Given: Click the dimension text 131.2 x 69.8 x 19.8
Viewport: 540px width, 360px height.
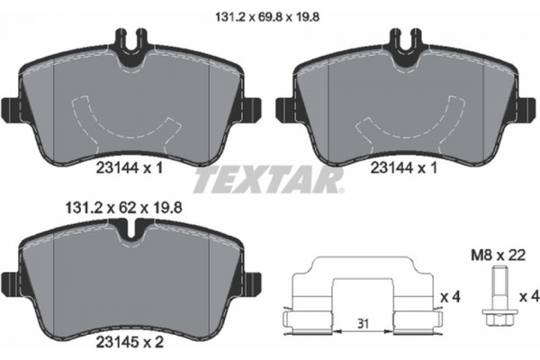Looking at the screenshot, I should click(269, 13).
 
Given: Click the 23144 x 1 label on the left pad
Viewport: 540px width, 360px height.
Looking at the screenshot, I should click(130, 166).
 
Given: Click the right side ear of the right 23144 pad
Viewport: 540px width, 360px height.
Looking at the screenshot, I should click(524, 110).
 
